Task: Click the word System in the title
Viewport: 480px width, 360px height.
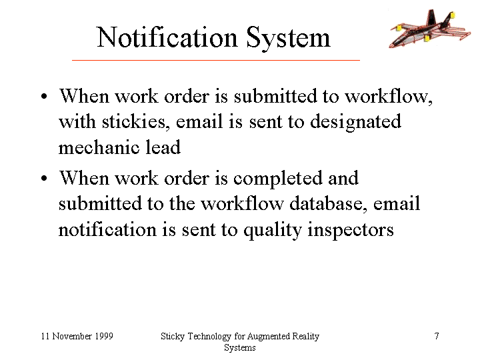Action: (289, 38)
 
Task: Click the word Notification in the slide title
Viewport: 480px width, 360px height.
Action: (167, 37)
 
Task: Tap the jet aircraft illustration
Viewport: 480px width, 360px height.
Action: (430, 28)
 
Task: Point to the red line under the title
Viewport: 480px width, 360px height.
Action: (216, 60)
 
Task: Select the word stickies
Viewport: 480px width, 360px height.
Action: (135, 121)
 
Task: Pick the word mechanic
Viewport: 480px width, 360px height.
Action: (98, 147)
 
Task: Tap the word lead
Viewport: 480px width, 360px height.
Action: (163, 147)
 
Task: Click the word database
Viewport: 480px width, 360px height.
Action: (328, 203)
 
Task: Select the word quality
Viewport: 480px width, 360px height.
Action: (273, 231)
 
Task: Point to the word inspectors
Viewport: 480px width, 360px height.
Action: (351, 231)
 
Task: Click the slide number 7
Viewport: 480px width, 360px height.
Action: (437, 336)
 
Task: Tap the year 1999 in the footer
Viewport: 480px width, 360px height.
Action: (104, 336)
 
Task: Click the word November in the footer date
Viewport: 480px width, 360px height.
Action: (72, 336)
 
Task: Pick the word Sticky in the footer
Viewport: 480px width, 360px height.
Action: (173, 337)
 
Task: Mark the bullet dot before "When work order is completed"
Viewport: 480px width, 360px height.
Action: (45, 178)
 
